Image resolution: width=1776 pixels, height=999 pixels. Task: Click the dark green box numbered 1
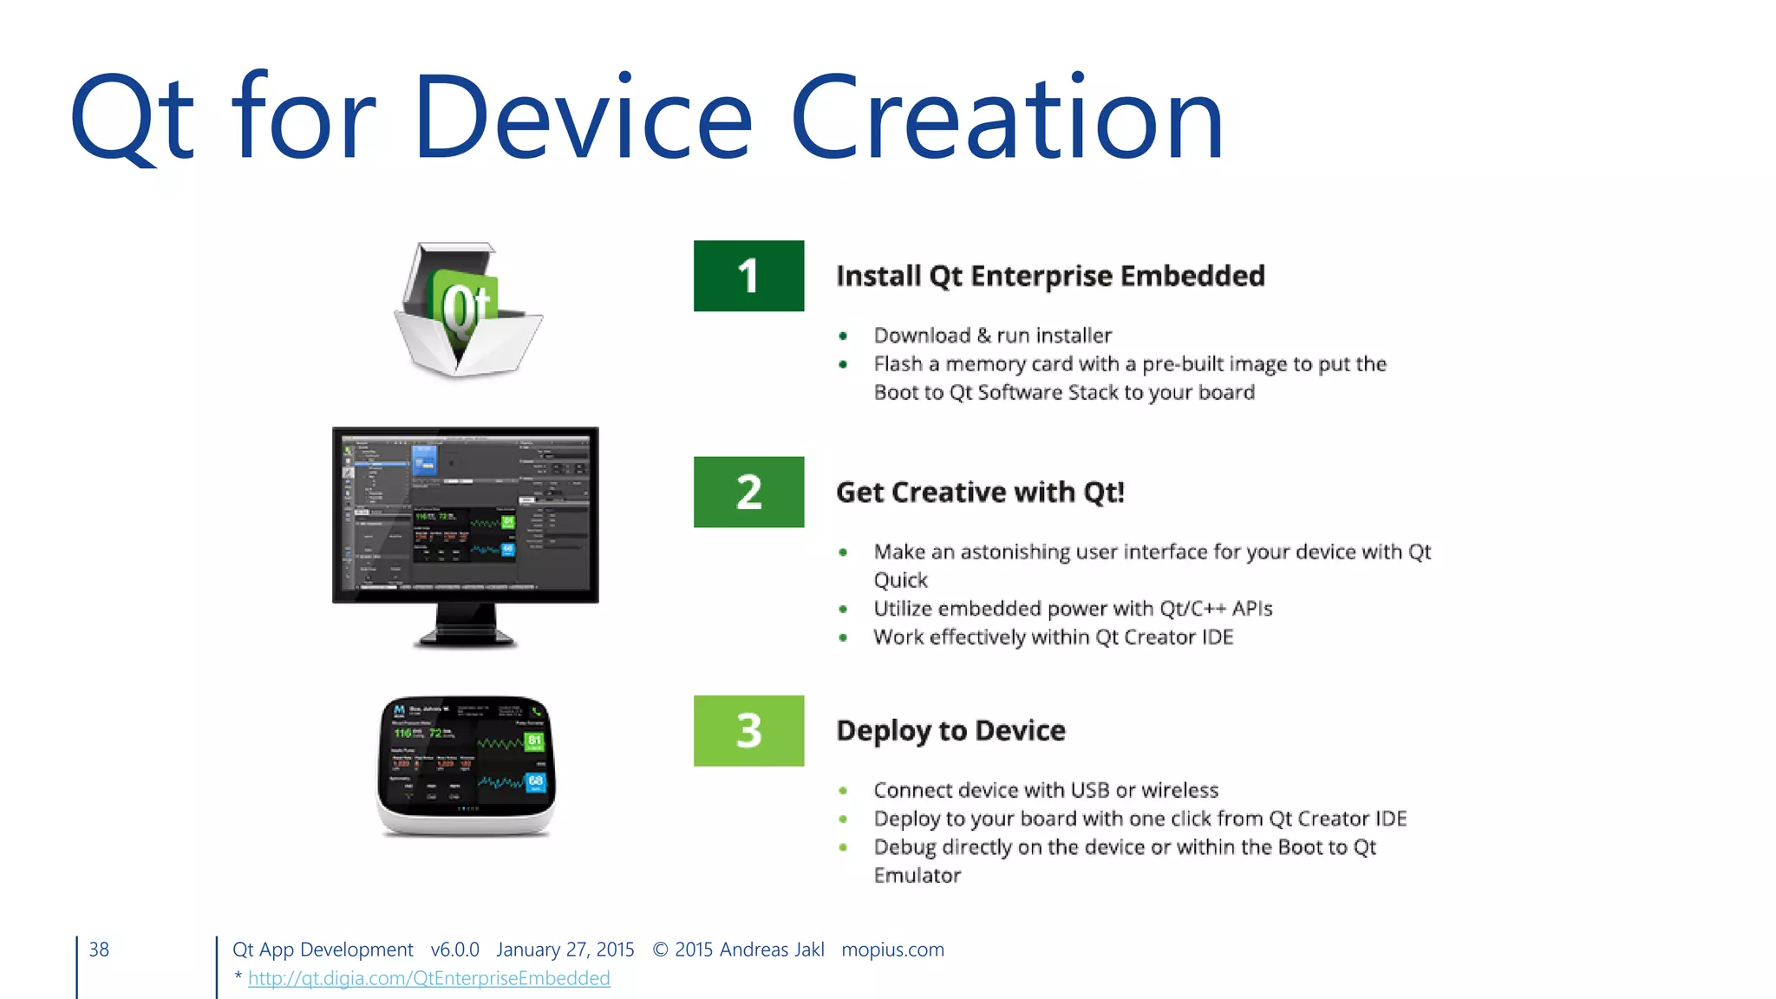click(x=748, y=276)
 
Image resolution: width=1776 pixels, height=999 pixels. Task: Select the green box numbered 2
click(x=748, y=492)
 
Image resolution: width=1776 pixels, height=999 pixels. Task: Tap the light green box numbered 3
click(x=748, y=730)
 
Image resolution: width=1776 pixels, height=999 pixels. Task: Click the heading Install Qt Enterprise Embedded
click(x=1050, y=276)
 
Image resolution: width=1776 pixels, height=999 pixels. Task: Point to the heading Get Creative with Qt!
click(x=980, y=493)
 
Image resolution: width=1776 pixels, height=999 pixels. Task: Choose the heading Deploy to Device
click(x=950, y=731)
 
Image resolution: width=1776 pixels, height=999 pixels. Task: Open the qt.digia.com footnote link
click(x=428, y=978)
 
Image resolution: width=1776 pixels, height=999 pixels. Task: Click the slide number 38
click(x=99, y=950)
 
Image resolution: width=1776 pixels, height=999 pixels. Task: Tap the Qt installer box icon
click(x=467, y=310)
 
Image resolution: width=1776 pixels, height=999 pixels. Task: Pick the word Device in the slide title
click(x=583, y=118)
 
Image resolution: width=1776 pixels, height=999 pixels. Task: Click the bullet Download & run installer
click(x=992, y=336)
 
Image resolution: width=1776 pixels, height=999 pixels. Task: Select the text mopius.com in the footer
click(x=892, y=950)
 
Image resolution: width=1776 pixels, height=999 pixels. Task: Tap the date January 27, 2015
click(x=565, y=950)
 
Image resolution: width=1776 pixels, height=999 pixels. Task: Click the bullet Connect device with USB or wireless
click(x=1046, y=790)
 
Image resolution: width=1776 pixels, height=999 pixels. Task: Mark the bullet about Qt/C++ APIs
click(x=1073, y=609)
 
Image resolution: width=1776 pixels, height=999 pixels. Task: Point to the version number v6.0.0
click(x=454, y=950)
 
